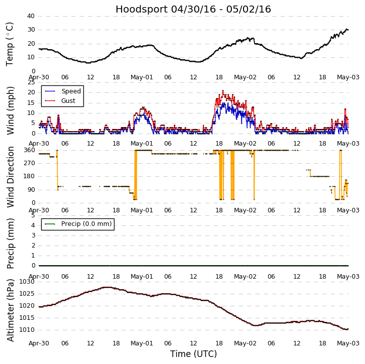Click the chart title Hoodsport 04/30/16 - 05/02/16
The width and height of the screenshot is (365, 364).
[x=193, y=10]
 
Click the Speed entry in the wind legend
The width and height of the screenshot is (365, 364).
[x=71, y=91]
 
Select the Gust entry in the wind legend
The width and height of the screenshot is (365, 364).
[x=68, y=101]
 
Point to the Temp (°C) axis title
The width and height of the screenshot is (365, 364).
[x=10, y=44]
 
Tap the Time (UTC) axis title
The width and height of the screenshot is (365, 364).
[x=193, y=354]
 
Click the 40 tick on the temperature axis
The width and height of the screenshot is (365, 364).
[x=31, y=16]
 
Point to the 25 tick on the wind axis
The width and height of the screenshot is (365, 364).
[x=31, y=82]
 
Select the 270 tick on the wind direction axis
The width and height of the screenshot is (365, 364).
[x=29, y=163]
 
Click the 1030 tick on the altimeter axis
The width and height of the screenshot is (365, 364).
[x=27, y=282]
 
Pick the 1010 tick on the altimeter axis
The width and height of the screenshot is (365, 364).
[x=27, y=330]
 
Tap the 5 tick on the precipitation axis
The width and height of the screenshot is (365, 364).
[x=33, y=215]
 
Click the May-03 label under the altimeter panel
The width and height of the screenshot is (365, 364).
[x=348, y=343]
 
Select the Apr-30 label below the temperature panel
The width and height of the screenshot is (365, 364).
[x=39, y=77]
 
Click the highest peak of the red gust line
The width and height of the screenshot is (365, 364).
[x=223, y=91]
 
